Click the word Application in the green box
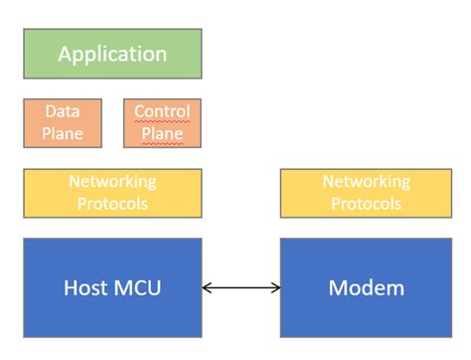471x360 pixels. coord(112,54)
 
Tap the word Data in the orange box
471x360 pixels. coord(62,111)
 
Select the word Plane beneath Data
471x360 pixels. coord(62,133)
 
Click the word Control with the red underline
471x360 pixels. coord(162,111)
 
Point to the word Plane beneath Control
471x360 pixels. coord(162,133)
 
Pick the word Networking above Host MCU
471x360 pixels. coord(112,182)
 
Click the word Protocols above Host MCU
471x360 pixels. coord(112,204)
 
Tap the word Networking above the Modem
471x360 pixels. coord(366,182)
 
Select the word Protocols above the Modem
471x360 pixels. coord(366,204)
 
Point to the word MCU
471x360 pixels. coord(136,288)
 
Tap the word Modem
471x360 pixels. coord(366,288)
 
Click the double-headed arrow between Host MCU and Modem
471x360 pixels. coord(241,288)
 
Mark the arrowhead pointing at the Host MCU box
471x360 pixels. coord(206,288)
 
